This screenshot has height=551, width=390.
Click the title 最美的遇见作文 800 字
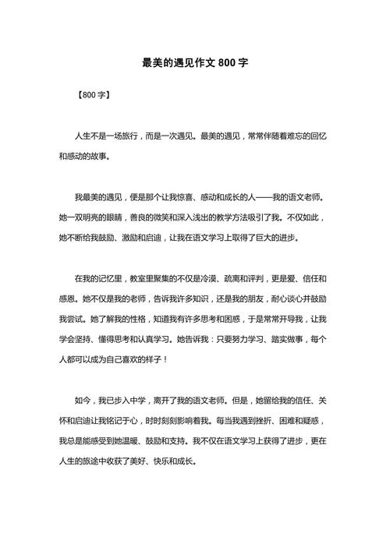(x=195, y=62)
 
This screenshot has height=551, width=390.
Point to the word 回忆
(x=318, y=136)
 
